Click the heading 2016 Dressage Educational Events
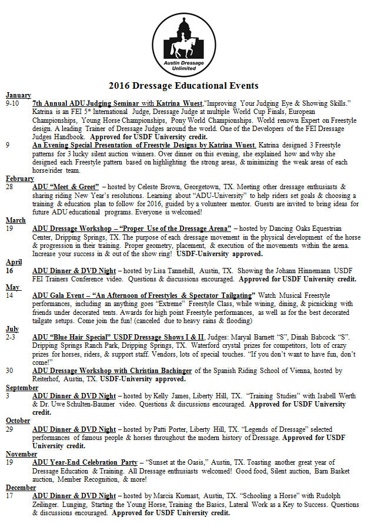click(x=185, y=85)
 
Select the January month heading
click(x=18, y=95)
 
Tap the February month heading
click(x=20, y=178)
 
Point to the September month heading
click(x=22, y=387)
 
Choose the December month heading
click(x=21, y=488)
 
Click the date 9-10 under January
click(x=12, y=103)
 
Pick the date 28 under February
click(x=10, y=186)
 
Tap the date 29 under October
click(x=10, y=429)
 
